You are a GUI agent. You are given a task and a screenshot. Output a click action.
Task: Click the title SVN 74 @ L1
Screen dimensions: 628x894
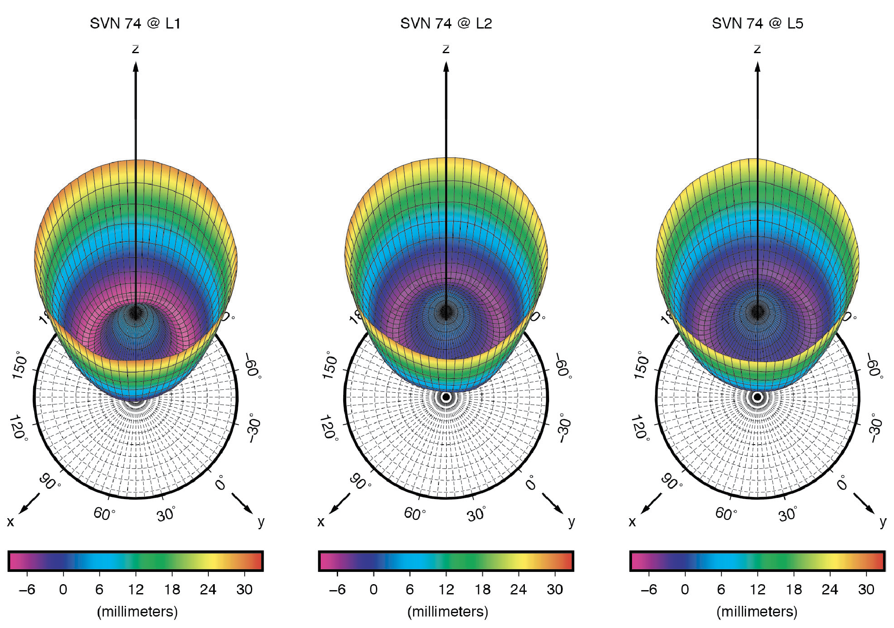[x=135, y=23]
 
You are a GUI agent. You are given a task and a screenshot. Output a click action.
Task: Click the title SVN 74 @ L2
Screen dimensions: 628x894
[x=446, y=23]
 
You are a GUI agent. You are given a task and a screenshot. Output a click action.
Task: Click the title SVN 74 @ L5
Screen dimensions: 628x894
[x=757, y=23]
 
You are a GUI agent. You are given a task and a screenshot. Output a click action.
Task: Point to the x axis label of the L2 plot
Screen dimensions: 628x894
[x=321, y=522]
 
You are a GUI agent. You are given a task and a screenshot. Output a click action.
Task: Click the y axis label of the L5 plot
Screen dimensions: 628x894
[x=883, y=522]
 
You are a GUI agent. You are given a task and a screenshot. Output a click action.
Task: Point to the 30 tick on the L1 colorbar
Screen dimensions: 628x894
[x=244, y=589]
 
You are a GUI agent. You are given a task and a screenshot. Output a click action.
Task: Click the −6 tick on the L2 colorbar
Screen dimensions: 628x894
[x=337, y=589]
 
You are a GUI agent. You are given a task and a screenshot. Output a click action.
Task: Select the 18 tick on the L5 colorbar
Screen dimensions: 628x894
[x=794, y=589]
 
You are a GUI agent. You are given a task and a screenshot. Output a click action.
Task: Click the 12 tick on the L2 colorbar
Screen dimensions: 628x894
[x=446, y=589]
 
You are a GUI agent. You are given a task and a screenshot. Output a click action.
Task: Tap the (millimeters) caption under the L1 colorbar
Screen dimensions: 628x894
[x=137, y=612]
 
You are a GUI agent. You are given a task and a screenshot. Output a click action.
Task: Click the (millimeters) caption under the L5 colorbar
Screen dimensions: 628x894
[x=757, y=612]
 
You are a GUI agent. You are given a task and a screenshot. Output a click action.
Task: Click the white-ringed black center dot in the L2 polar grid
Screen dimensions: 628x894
[x=446, y=397]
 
